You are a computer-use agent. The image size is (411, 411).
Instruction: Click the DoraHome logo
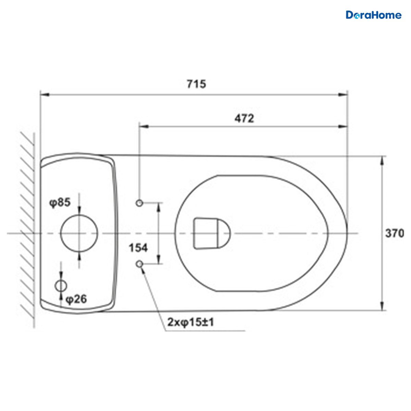point(373,15)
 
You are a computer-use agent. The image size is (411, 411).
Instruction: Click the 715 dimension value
point(197,84)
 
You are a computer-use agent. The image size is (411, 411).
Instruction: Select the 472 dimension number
point(245,119)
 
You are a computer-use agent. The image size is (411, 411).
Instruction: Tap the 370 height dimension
point(395,234)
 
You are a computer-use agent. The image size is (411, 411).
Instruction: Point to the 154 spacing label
point(138,248)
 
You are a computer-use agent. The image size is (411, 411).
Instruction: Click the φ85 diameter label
point(60,202)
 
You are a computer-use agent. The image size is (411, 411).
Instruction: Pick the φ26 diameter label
point(76,299)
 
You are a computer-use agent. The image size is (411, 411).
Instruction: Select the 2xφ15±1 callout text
point(191,322)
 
